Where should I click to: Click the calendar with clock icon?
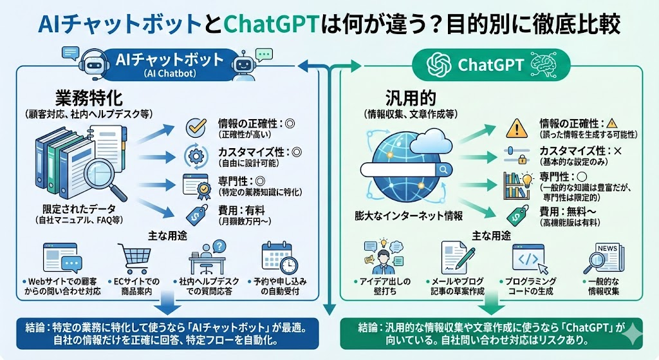pyautogui.click(x=280, y=258)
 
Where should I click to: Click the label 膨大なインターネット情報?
pyautogui.click(x=404, y=215)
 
